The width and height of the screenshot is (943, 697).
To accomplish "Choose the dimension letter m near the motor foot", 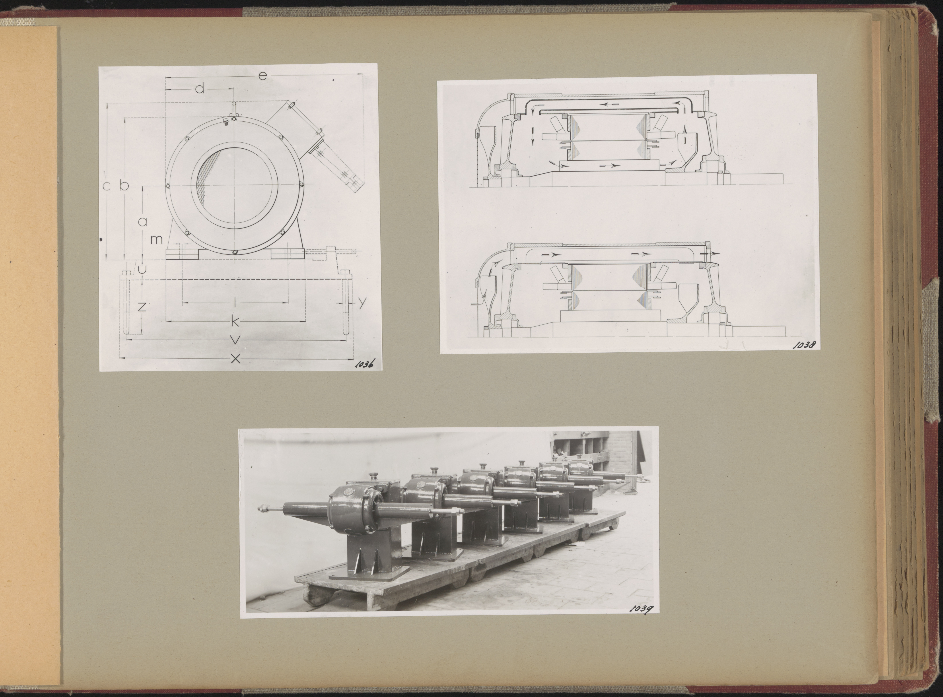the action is (x=157, y=240).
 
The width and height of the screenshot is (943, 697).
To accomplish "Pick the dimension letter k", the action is (x=235, y=322).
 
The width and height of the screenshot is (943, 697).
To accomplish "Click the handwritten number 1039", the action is (x=642, y=608).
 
